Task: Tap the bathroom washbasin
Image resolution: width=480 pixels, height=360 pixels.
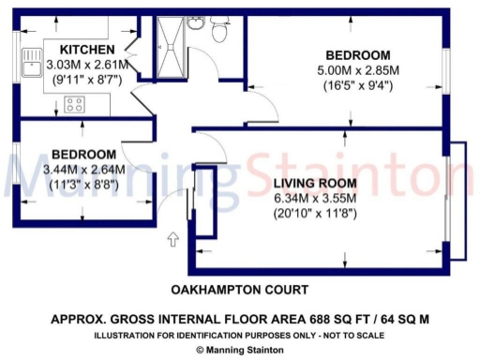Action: point(195,23)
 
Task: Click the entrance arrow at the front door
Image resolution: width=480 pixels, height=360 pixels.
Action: point(173,241)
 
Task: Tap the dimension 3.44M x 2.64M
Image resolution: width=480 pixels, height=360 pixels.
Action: point(84,170)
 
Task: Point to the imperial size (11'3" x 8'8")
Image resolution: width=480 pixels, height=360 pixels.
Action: point(84,186)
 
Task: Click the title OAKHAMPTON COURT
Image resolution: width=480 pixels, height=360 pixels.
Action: point(239,290)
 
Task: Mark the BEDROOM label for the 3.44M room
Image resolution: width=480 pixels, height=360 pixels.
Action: point(84,154)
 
